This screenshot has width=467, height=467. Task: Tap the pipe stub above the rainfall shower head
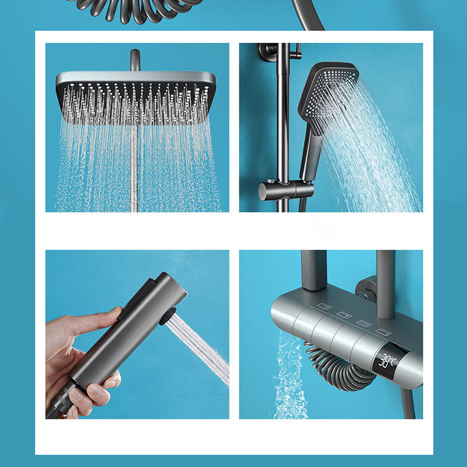click(x=135, y=60)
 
